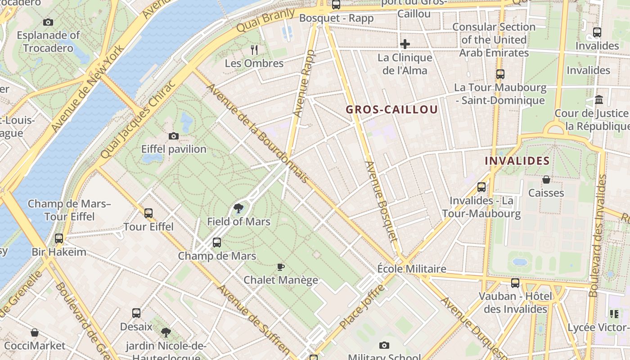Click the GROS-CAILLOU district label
pos(391,109)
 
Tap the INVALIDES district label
pos(517,161)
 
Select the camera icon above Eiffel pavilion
pos(173,136)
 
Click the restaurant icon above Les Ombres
pos(254,49)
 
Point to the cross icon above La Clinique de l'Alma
pos(405,44)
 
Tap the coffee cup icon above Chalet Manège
pos(281,267)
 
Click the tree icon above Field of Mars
pos(238,208)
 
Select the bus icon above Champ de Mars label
pos(217,243)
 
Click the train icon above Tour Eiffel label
pos(148,213)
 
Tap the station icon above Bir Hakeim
pos(59,238)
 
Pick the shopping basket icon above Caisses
pos(546,180)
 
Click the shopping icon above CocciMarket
pos(35,333)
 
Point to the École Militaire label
pos(412,269)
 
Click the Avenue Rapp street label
pos(304,84)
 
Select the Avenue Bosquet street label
pos(382,206)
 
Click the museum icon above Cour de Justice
pos(599,99)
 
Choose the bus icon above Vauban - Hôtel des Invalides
pos(515,283)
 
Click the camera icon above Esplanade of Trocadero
pos(48,22)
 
